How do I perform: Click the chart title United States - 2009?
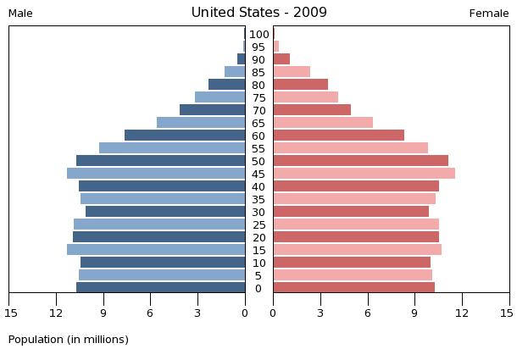258,13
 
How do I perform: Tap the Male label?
20,14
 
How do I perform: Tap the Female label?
489,14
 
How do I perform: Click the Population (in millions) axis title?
69,340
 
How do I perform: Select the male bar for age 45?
156,174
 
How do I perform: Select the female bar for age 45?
364,174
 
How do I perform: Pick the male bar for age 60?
185,136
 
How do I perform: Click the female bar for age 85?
292,71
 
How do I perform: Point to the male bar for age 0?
161,287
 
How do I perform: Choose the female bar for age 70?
312,110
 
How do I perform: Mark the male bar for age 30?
165,211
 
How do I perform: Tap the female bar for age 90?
281,59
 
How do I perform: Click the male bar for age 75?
220,97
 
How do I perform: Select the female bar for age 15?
358,250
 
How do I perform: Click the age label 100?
259,34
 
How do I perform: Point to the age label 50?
258,162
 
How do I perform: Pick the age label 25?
259,225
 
